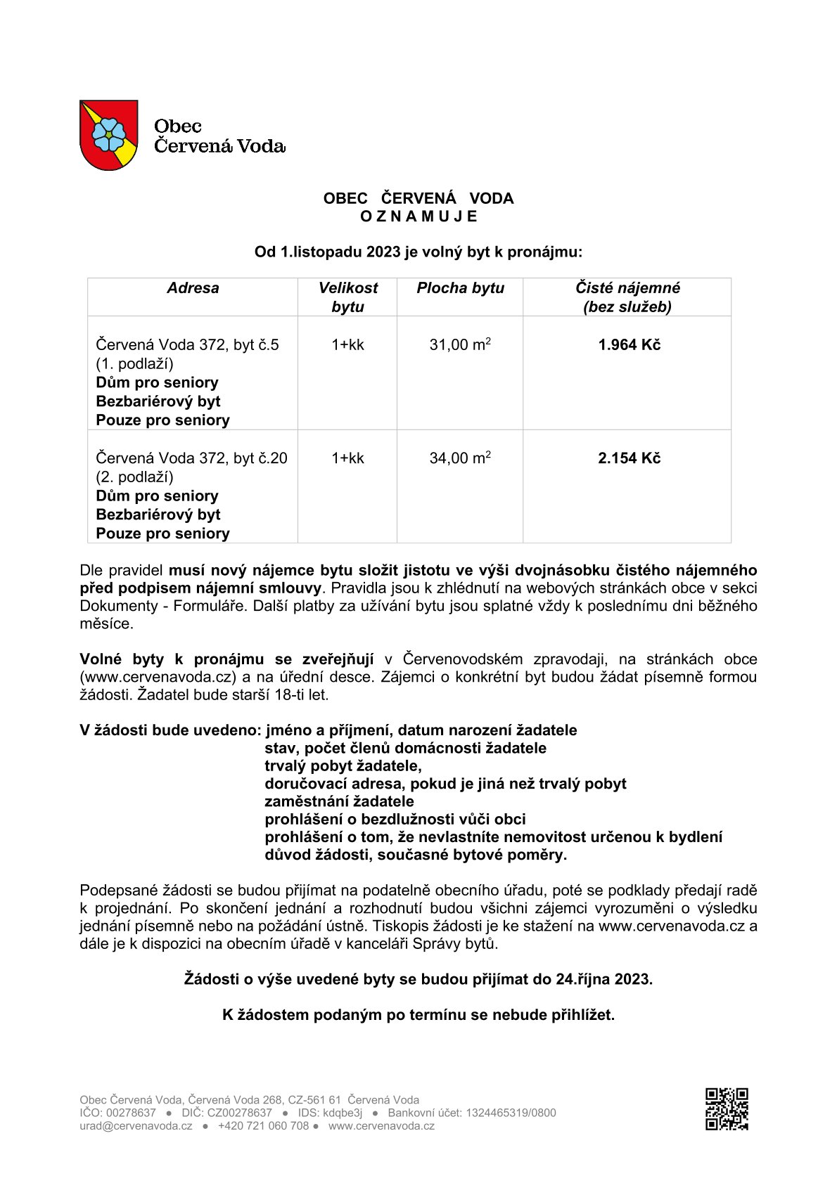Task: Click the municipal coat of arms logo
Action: pyautogui.click(x=108, y=135)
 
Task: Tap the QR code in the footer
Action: pyautogui.click(x=727, y=1108)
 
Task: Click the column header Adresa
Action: pyautogui.click(x=193, y=288)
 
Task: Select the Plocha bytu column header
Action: pyautogui.click(x=460, y=288)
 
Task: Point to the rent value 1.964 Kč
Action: pyautogui.click(x=629, y=345)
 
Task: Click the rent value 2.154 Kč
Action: pyautogui.click(x=629, y=458)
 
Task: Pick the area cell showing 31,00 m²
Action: pyautogui.click(x=460, y=345)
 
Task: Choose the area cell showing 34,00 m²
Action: pyautogui.click(x=460, y=458)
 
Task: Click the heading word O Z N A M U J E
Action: pyautogui.click(x=419, y=216)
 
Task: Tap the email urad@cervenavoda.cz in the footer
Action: pyautogui.click(x=136, y=1125)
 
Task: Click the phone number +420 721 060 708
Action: pyautogui.click(x=263, y=1125)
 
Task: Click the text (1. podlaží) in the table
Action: pyautogui.click(x=134, y=364)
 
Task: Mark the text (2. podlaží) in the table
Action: pyautogui.click(x=134, y=477)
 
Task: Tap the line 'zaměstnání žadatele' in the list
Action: pyautogui.click(x=339, y=801)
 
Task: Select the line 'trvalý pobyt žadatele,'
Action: pyautogui.click(x=343, y=766)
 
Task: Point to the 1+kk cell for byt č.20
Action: pyautogui.click(x=347, y=458)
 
